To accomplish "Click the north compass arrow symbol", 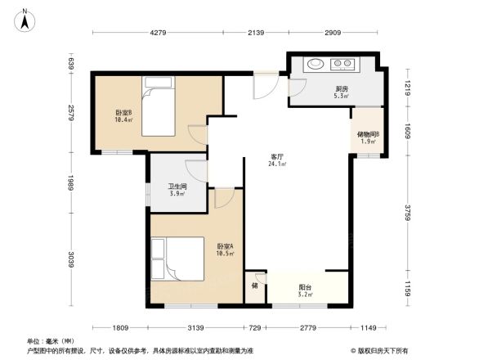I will point(25,20).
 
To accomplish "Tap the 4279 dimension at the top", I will point(158,33).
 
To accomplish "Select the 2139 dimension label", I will point(255,33).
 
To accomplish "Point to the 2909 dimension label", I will point(332,33).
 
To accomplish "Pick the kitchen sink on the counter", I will point(315,64).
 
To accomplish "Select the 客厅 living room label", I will point(277,159).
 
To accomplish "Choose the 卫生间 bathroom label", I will point(167,189).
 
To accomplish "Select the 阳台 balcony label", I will point(305,290).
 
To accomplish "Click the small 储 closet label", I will point(255,286).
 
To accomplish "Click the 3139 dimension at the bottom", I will point(196,328).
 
